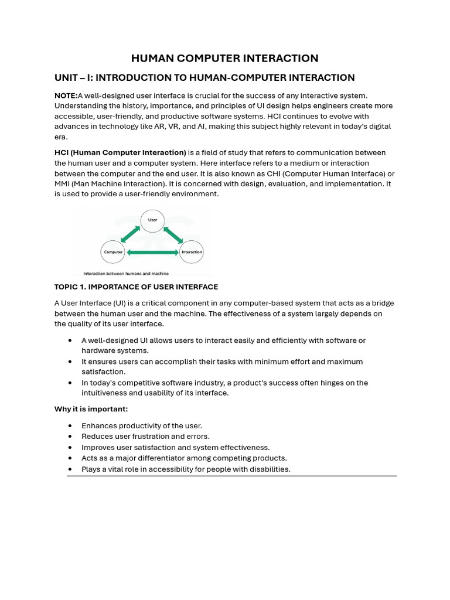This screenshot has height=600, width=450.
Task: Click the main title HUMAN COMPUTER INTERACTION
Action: pyautogui.click(x=224, y=58)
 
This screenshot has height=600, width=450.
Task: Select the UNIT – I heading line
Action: pyautogui.click(x=204, y=77)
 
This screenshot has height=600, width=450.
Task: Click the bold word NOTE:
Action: pyautogui.click(x=66, y=96)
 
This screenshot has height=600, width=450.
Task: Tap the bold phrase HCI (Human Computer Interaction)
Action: pyautogui.click(x=120, y=152)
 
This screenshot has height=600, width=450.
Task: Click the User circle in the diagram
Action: pyautogui.click(x=152, y=220)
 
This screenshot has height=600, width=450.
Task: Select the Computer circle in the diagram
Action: pyautogui.click(x=113, y=252)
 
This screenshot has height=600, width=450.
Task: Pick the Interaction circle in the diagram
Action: pyautogui.click(x=192, y=252)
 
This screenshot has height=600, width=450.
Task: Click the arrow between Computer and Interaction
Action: pyautogui.click(x=152, y=253)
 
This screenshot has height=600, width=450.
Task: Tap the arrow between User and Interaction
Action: pyautogui.click(x=173, y=234)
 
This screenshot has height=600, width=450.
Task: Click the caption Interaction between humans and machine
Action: pyautogui.click(x=126, y=273)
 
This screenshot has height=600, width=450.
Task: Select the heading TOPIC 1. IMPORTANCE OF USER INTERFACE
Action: pyautogui.click(x=136, y=287)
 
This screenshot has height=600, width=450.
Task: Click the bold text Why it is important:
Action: pyautogui.click(x=91, y=409)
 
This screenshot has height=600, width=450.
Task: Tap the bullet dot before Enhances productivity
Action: pyautogui.click(x=70, y=426)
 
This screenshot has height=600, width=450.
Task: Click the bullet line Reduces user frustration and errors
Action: pyautogui.click(x=145, y=437)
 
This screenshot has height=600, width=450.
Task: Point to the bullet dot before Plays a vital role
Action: pyautogui.click(x=70, y=469)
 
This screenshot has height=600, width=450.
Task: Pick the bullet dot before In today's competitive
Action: pyautogui.click(x=70, y=383)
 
